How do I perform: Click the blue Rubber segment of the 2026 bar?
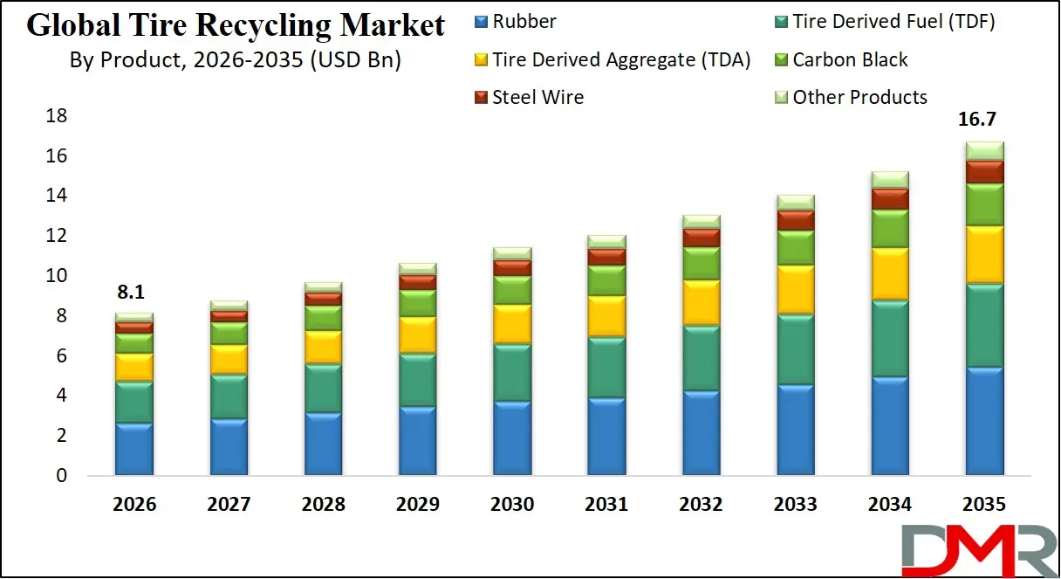[134, 450]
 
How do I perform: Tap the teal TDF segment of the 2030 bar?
[512, 373]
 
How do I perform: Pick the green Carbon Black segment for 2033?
[795, 248]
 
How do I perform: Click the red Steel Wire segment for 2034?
[889, 199]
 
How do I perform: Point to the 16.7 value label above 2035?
[982, 121]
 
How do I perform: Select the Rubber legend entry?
[515, 22]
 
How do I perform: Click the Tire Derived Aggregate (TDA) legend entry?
[611, 59]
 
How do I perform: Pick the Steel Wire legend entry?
[528, 97]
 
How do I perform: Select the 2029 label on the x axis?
[418, 505]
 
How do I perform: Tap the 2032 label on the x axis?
[701, 505]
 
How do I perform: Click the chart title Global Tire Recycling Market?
[236, 25]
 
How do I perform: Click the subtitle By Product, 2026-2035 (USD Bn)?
[236, 61]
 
